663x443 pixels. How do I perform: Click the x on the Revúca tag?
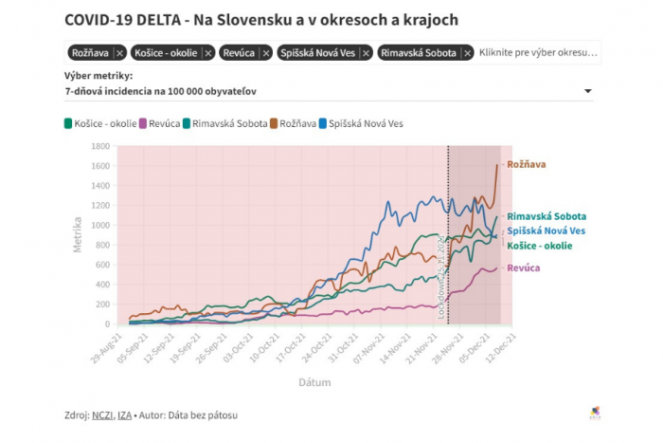pyautogui.click(x=266, y=53)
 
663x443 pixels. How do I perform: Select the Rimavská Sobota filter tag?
pyautogui.click(x=419, y=53)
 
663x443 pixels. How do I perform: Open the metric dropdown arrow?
pyautogui.click(x=588, y=91)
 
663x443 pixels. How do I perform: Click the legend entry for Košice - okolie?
pyautogui.click(x=98, y=123)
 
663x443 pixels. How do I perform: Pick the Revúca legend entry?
pyautogui.click(x=160, y=123)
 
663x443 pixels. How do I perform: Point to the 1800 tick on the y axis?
pyautogui.click(x=99, y=146)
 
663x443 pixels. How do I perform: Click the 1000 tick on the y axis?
pyautogui.click(x=99, y=225)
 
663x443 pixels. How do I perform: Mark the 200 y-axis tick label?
pyautogui.click(x=101, y=305)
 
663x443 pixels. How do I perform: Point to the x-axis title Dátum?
pyautogui.click(x=314, y=381)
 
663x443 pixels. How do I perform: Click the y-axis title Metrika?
pyautogui.click(x=79, y=234)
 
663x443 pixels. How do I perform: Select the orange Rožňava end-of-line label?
pyautogui.click(x=526, y=164)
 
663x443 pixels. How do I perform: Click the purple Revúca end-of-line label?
pyautogui.click(x=524, y=268)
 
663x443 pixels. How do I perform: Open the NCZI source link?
pyautogui.click(x=102, y=415)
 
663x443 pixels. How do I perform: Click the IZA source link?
pyautogui.click(x=124, y=415)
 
